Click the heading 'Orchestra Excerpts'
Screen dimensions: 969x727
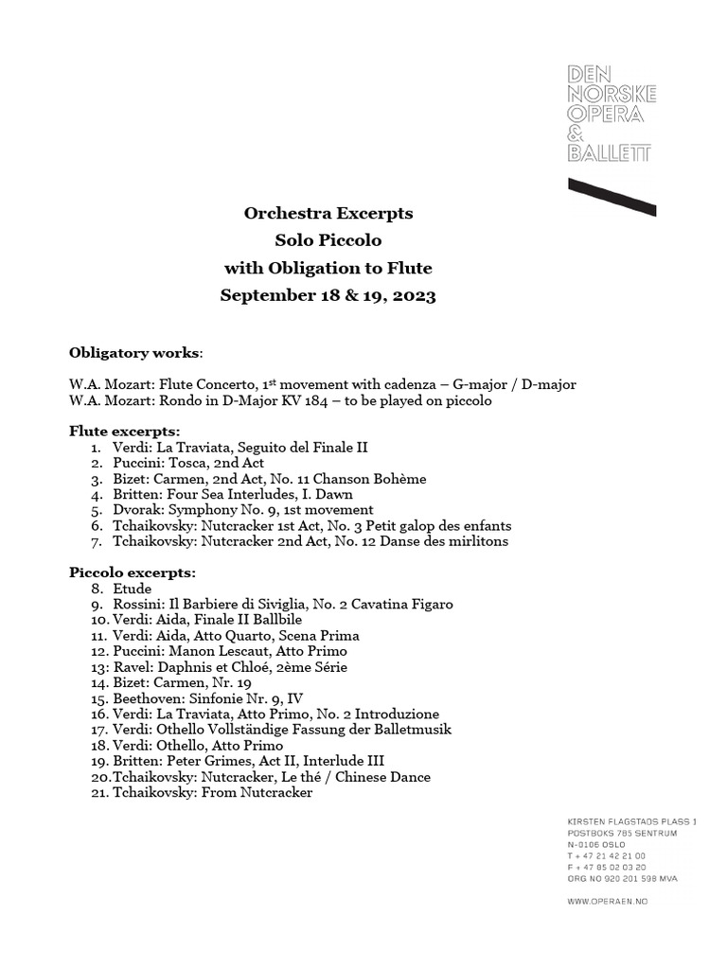coord(328,214)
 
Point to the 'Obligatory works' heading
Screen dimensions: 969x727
coord(134,353)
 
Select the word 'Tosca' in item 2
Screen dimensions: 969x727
coord(193,463)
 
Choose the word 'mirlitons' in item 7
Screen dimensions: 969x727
coord(477,541)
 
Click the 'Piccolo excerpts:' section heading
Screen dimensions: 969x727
coord(133,573)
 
